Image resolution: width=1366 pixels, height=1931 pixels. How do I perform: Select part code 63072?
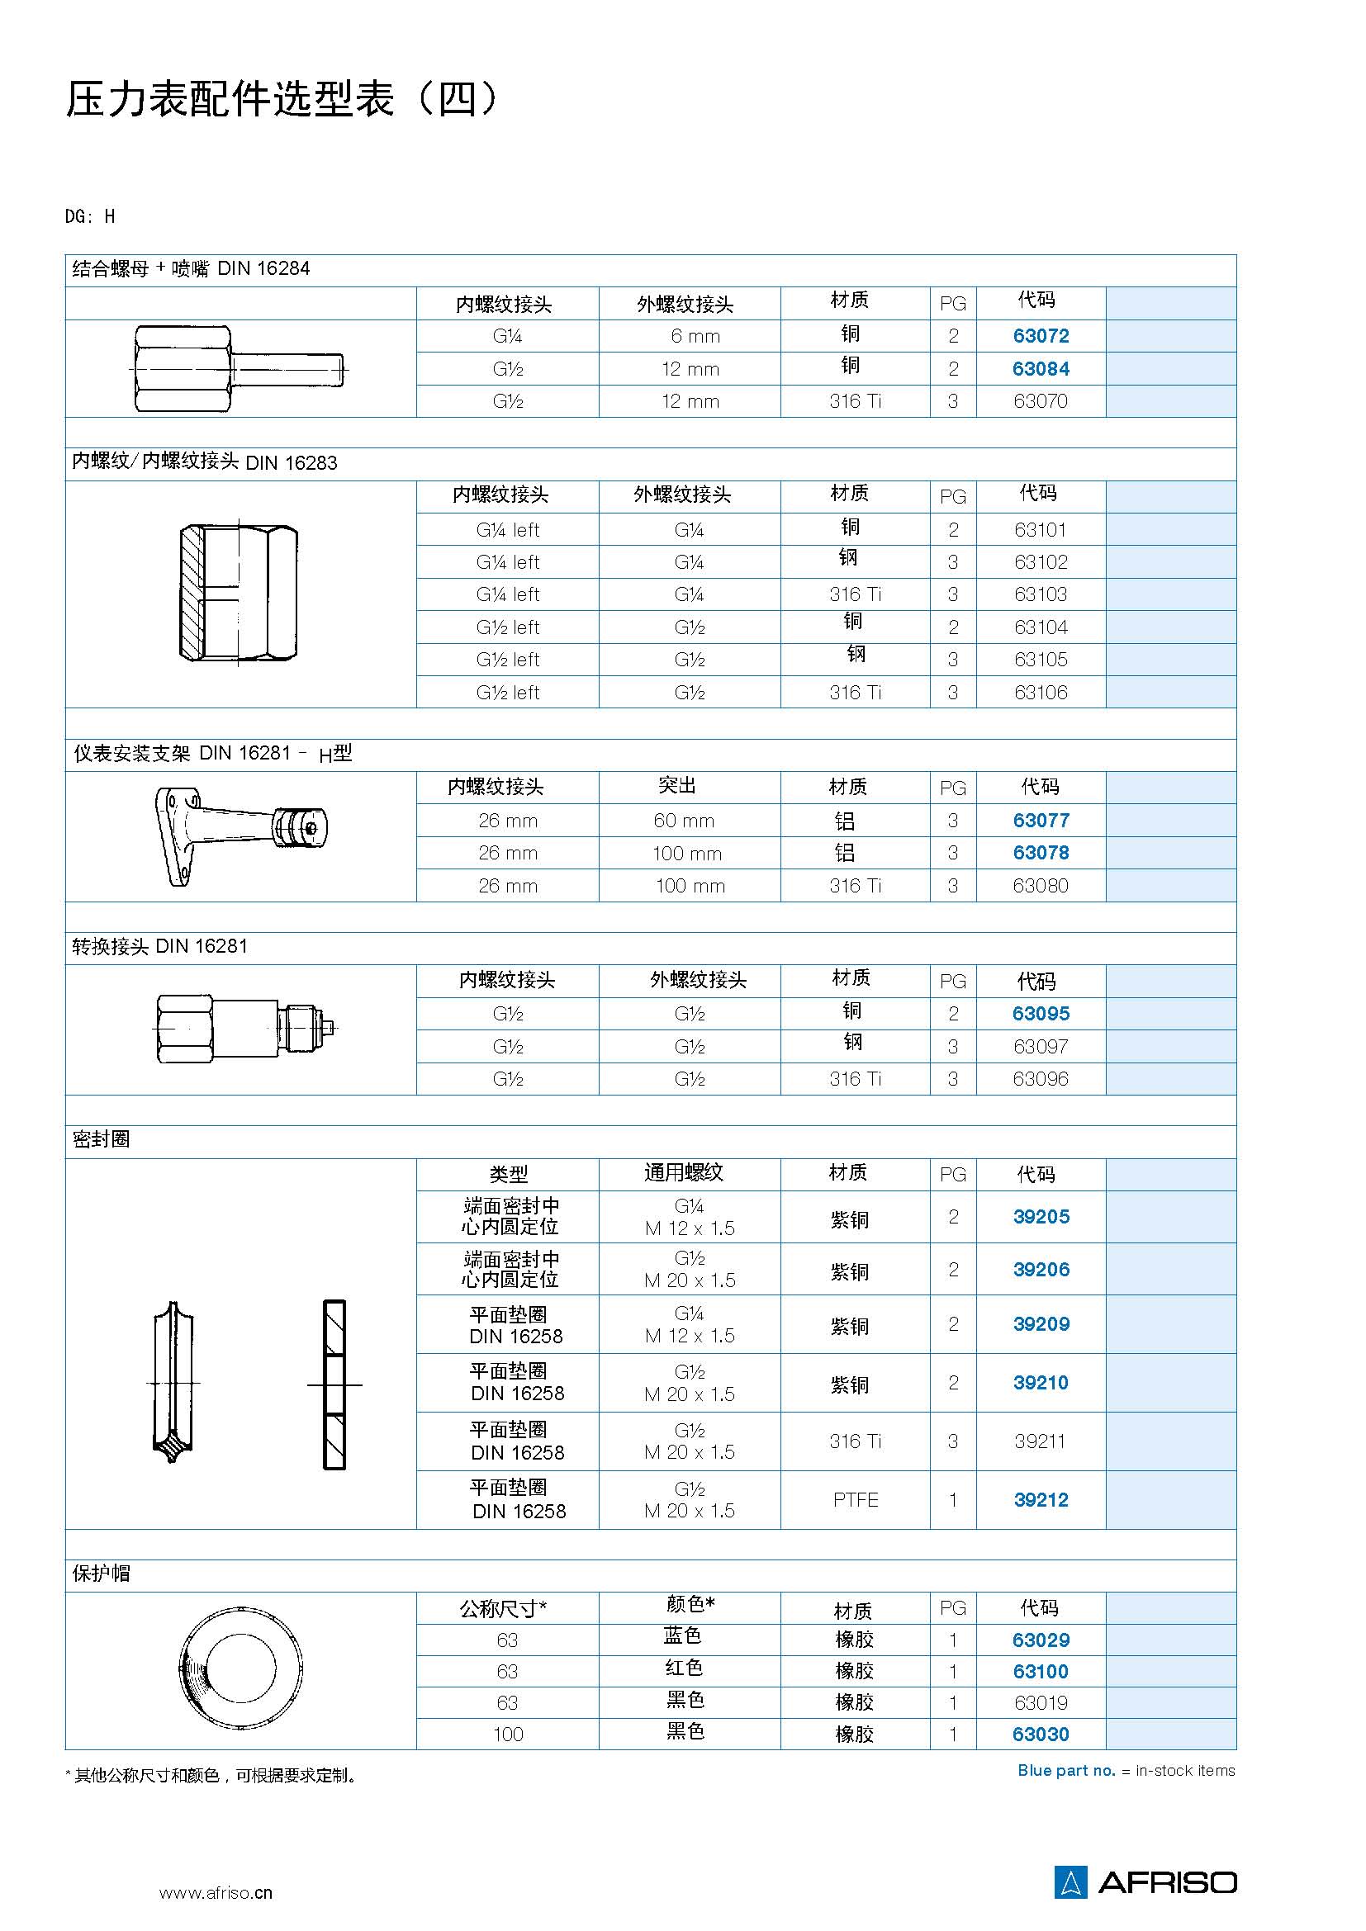[1041, 335]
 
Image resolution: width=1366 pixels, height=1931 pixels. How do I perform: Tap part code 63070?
[1041, 401]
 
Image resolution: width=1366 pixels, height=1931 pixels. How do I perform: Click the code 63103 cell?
[1041, 594]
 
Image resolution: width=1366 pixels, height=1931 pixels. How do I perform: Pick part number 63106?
[1041, 692]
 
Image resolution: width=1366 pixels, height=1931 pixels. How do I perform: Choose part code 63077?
[1041, 820]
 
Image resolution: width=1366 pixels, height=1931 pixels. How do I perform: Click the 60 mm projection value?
[684, 820]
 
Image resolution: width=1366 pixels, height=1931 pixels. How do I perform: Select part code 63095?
[1041, 1014]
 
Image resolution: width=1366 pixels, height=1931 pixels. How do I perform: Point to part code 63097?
[1041, 1046]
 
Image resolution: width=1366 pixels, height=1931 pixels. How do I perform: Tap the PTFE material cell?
[856, 1499]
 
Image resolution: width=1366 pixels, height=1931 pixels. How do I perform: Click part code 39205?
[1041, 1216]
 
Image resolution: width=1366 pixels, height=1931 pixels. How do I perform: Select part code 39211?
[1040, 1441]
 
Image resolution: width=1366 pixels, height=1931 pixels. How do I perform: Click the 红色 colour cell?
[684, 1668]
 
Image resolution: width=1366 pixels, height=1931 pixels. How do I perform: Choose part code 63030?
[1041, 1735]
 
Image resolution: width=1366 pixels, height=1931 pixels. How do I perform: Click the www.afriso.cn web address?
[216, 1892]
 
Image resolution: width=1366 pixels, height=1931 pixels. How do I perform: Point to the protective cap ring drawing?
[240, 1667]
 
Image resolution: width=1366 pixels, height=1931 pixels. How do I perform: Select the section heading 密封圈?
[101, 1139]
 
